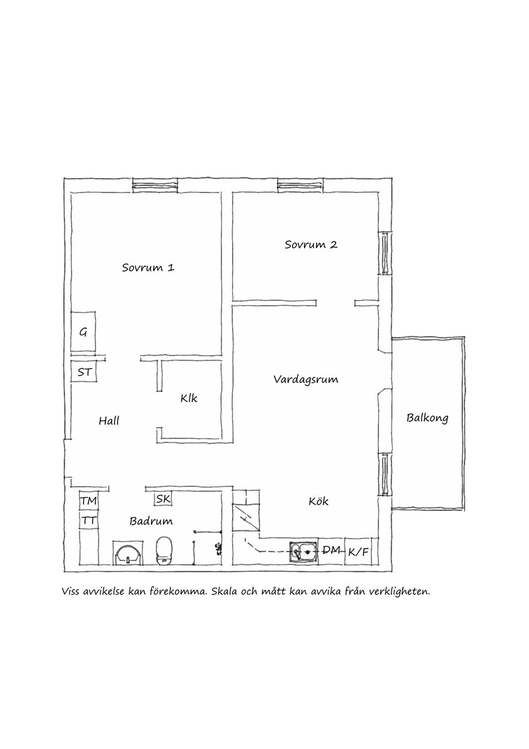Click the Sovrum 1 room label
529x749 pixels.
(x=148, y=267)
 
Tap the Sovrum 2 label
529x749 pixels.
(x=311, y=244)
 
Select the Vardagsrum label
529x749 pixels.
(x=306, y=379)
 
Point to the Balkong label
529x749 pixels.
(x=427, y=418)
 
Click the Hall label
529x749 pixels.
(x=109, y=421)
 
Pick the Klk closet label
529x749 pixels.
(x=188, y=398)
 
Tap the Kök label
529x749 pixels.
(x=319, y=501)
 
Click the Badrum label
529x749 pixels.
(x=151, y=521)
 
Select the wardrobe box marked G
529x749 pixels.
(x=83, y=331)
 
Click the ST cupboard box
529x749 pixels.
(x=84, y=372)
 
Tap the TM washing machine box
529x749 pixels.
(x=89, y=501)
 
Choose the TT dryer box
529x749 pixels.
(x=89, y=520)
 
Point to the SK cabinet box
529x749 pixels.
(x=163, y=499)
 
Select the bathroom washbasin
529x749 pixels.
(x=128, y=553)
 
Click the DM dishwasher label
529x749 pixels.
(x=331, y=550)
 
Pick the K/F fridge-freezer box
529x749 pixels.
(x=358, y=552)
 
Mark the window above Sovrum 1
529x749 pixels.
(x=155, y=185)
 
